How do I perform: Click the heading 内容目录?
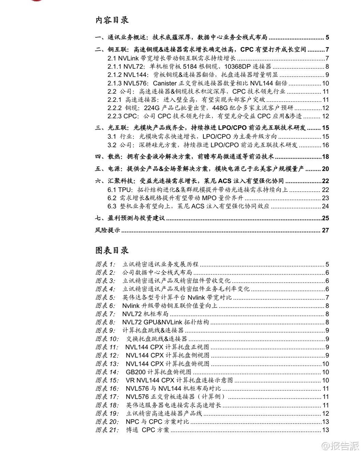point(112,20)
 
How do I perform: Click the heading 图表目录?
point(112,250)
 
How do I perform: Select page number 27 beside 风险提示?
point(325,230)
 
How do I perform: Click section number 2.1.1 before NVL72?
point(114,67)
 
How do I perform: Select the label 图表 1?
point(105,264)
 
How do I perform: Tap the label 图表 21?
point(107,430)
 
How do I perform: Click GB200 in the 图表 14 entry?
point(135,372)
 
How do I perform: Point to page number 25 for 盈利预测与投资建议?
point(325,218)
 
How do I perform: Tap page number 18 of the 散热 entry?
point(325,157)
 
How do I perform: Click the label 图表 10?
point(107,339)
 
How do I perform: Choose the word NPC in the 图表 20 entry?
point(132,422)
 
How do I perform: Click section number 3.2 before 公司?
point(112,145)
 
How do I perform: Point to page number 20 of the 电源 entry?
point(325,169)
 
